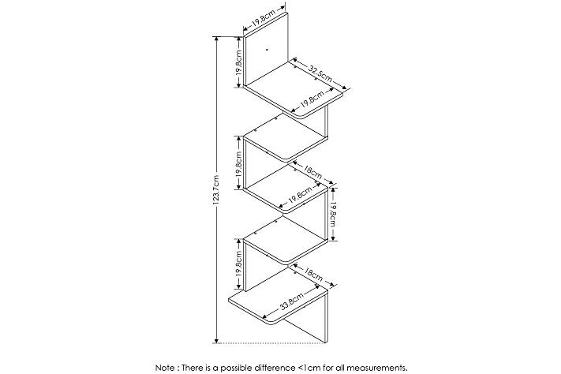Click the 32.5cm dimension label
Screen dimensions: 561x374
[x=320, y=74]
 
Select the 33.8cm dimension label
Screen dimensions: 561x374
[x=292, y=301]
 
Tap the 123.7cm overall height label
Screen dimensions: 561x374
[x=215, y=190]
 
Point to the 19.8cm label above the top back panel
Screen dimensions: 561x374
[x=264, y=17]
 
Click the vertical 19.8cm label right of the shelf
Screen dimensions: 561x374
[x=332, y=214]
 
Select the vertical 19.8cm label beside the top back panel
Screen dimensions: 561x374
[x=239, y=62]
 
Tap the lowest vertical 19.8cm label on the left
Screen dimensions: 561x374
[x=239, y=264]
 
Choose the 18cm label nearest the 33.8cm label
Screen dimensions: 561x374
[x=313, y=274]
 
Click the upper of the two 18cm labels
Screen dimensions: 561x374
[x=312, y=174]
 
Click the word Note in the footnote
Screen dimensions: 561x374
[x=165, y=368]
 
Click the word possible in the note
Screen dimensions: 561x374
[x=238, y=368]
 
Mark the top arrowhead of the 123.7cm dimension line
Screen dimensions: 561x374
[x=215, y=39]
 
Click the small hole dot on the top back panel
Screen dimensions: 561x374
[x=267, y=50]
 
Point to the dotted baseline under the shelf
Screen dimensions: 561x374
[x=270, y=343]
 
